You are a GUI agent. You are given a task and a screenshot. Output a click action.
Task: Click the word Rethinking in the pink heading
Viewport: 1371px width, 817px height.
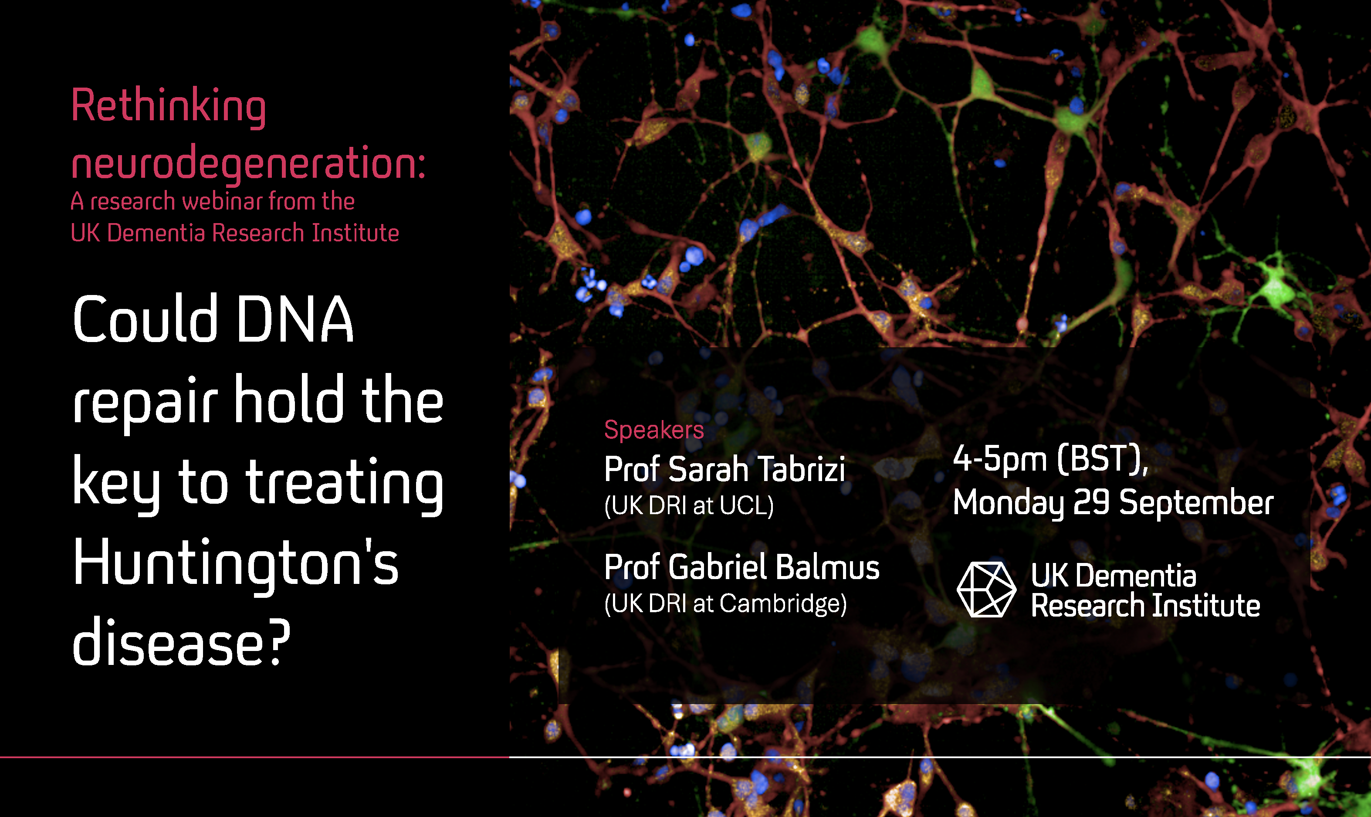coord(169,107)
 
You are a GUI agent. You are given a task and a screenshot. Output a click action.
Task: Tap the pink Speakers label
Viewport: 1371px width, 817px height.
coord(654,430)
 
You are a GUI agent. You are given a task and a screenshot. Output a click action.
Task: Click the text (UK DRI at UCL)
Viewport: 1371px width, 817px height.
coord(688,505)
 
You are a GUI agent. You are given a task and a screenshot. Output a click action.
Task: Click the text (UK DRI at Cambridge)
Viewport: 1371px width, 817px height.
coord(725,603)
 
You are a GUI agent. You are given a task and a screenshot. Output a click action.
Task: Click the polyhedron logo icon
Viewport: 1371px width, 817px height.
coord(986,589)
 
